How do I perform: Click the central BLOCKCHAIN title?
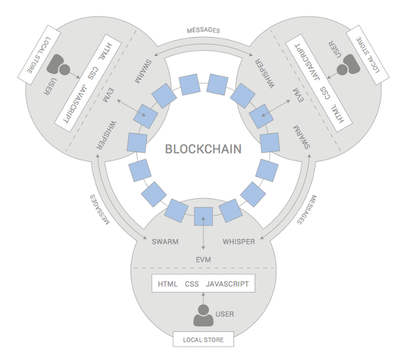point(203,150)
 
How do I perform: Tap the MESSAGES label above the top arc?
point(204,30)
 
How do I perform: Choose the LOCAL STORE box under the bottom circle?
point(203,340)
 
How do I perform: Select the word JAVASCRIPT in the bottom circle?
point(228,284)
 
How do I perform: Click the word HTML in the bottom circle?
point(168,284)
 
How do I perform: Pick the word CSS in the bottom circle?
point(192,284)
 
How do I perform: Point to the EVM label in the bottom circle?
point(203,259)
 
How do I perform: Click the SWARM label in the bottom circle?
point(165,241)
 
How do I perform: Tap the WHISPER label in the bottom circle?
point(239,241)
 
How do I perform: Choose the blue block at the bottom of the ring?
point(203,217)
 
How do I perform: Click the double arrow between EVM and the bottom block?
point(203,236)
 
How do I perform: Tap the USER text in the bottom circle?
point(224,314)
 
